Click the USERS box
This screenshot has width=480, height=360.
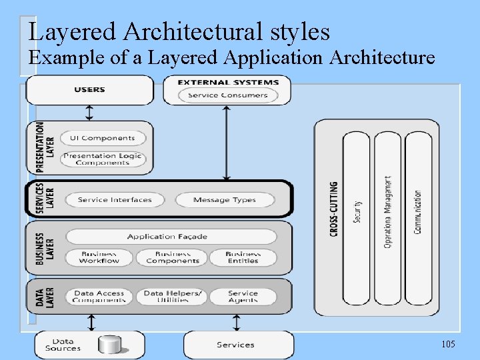89,90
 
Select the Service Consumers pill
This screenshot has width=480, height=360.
227,95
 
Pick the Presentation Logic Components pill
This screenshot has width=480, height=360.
102,159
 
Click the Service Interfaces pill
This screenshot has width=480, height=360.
115,199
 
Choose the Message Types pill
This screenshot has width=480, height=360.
224,199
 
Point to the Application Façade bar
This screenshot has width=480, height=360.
171,236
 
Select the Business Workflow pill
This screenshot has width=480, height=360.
99,257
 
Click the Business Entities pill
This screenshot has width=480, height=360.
243,257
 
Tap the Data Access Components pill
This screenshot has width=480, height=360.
99,297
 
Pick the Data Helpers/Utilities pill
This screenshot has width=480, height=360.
171,297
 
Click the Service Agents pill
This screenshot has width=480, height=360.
243,297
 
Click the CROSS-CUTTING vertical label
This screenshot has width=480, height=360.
333,209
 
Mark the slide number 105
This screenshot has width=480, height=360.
448,344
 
